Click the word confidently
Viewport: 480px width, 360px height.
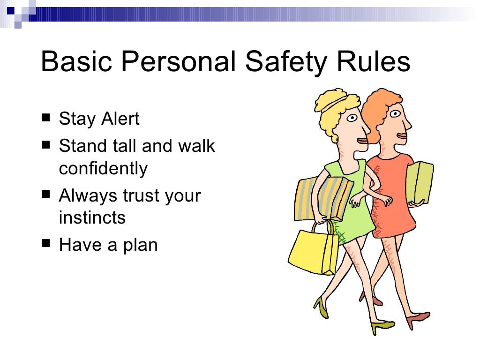click(x=103, y=168)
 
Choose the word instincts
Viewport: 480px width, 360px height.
click(x=92, y=217)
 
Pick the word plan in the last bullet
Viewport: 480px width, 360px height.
click(x=139, y=245)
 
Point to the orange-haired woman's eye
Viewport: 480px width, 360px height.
click(x=395, y=113)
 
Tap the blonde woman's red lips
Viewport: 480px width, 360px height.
click(x=362, y=141)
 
